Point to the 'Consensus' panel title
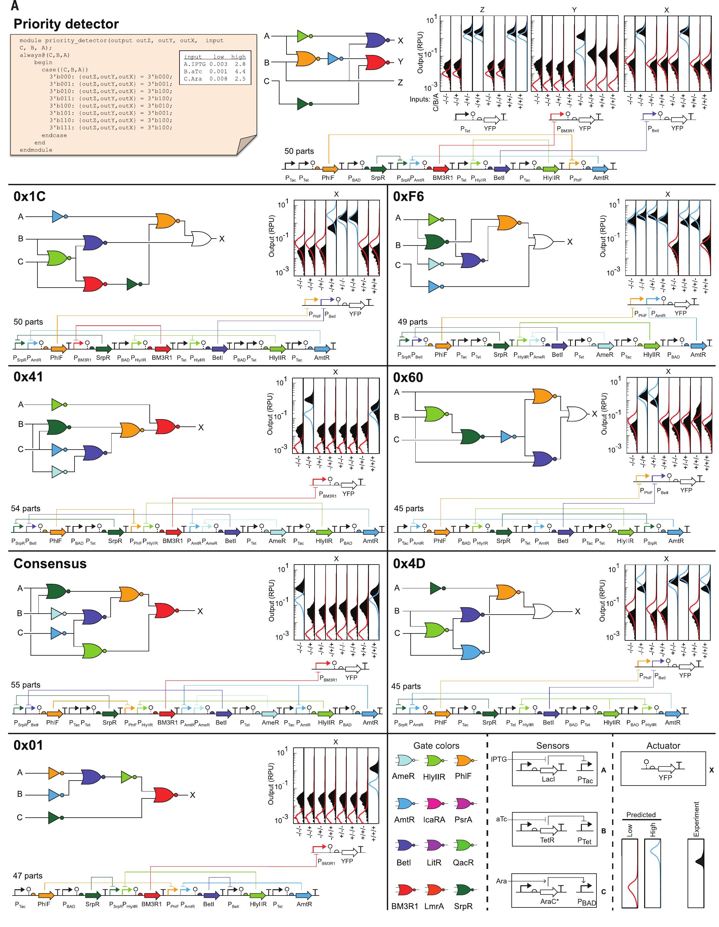50,563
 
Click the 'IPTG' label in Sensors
499,758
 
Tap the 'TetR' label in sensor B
547,840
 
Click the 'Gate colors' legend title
436,745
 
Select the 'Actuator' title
663,745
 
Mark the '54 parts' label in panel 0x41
26,508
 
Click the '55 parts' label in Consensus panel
26,684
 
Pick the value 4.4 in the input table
240,71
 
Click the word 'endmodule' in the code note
36,150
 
